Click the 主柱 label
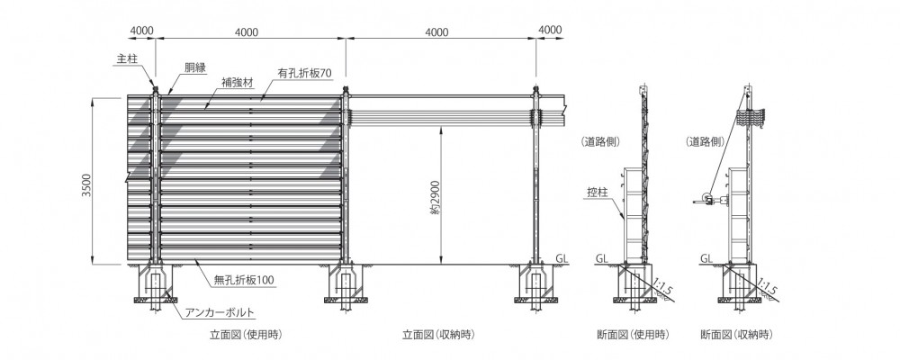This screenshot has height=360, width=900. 126,58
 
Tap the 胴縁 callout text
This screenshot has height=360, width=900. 194,67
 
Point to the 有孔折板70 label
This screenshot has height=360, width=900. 304,73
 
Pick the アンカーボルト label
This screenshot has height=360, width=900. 220,313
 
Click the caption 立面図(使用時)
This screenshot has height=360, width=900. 246,334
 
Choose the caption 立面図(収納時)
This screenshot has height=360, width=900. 438,334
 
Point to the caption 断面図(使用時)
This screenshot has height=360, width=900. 633,334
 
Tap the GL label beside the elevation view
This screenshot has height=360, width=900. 562,259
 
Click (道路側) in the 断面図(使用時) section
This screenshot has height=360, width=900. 600,142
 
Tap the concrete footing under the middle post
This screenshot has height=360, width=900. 346,283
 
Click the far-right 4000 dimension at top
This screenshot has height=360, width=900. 551,30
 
